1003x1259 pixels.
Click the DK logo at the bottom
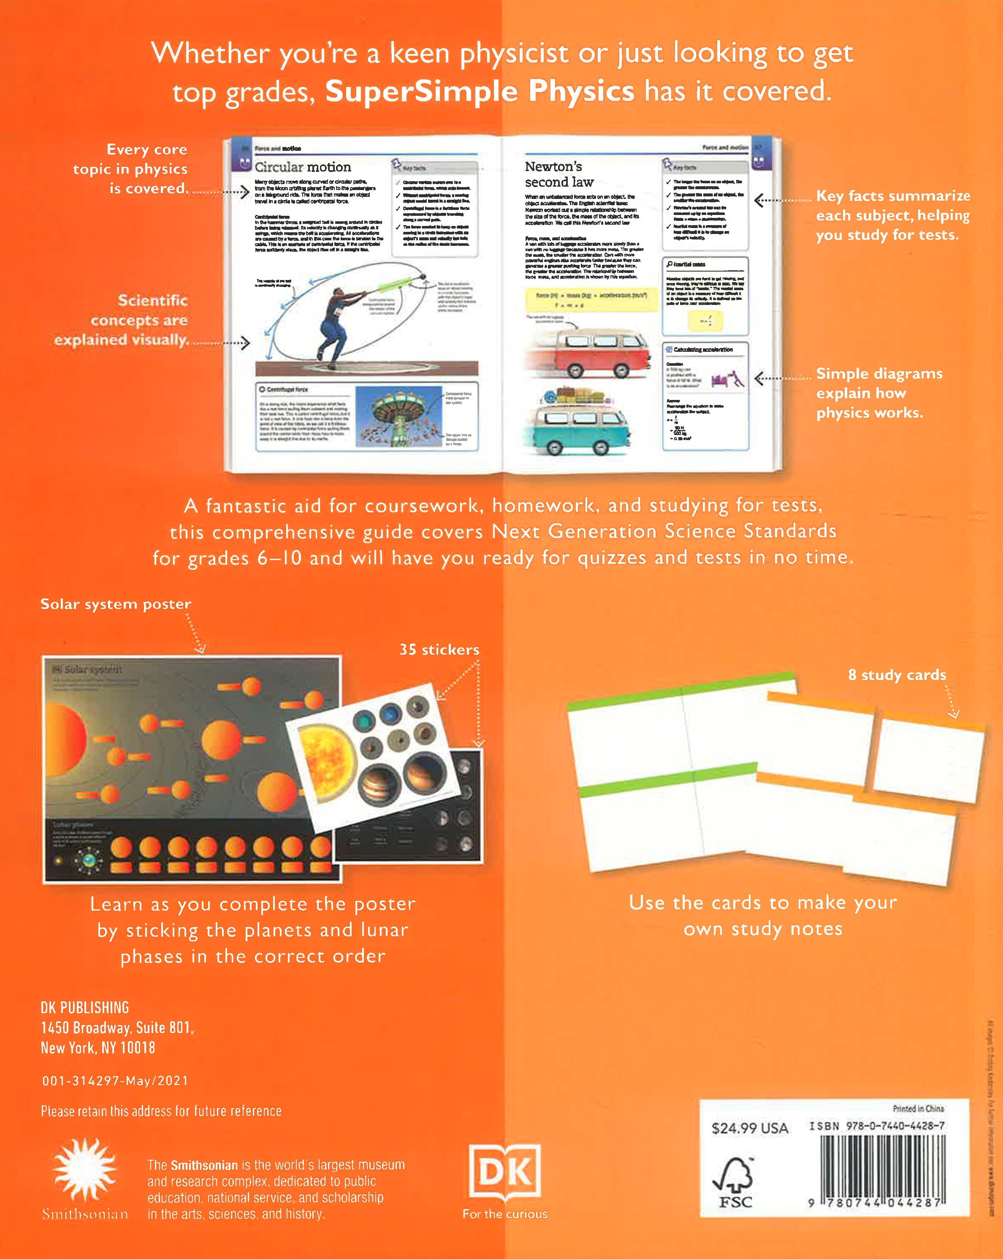click(505, 1172)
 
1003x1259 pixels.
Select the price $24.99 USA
click(750, 1128)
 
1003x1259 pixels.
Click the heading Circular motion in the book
click(303, 167)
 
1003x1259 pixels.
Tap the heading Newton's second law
click(559, 174)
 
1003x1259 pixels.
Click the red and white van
click(587, 351)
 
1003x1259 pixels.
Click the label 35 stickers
click(439, 650)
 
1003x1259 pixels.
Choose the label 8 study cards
click(897, 674)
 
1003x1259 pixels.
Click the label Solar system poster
click(116, 604)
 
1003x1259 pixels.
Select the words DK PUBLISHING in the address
click(85, 1007)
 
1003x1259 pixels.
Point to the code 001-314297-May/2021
click(115, 1081)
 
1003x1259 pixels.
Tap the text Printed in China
click(918, 1108)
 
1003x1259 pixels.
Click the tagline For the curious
click(505, 1214)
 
